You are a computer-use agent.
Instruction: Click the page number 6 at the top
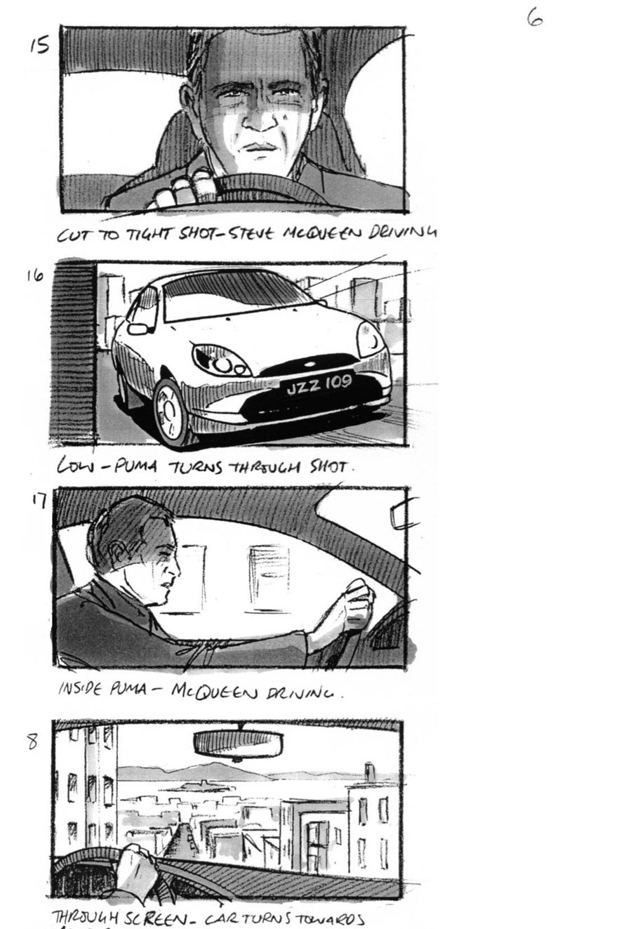click(535, 18)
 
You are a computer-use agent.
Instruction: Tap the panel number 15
click(39, 46)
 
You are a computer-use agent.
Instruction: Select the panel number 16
click(35, 275)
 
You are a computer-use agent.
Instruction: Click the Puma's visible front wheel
click(170, 411)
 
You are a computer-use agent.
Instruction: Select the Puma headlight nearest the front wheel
click(221, 360)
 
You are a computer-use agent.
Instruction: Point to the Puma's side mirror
click(138, 329)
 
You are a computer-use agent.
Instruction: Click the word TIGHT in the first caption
click(147, 235)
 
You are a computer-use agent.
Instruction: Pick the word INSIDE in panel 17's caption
click(80, 688)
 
